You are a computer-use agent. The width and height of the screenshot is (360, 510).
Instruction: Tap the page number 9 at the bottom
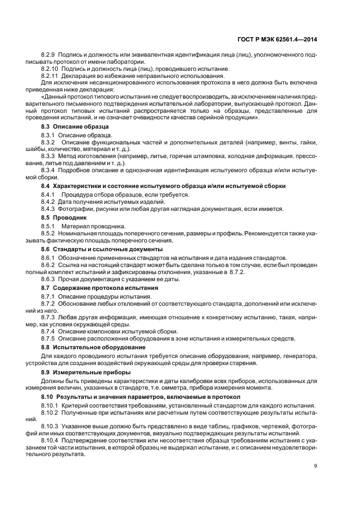click(x=316, y=465)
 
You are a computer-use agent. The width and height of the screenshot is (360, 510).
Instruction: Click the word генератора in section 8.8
click(x=301, y=356)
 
